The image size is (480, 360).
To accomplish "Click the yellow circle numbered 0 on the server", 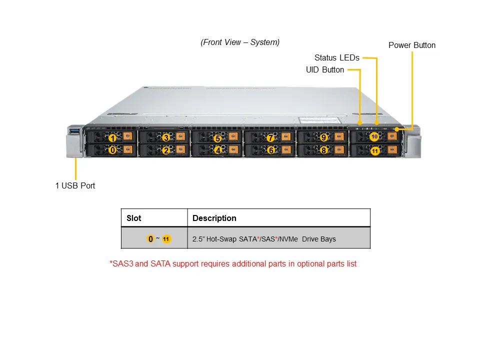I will click(113, 149).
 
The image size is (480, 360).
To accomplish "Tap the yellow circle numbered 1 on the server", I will click(113, 138).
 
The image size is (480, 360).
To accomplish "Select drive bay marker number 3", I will click(166, 137).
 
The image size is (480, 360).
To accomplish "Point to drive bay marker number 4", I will click(218, 149).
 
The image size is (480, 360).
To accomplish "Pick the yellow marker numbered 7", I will click(270, 138).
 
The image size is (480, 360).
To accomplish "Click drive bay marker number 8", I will click(323, 149).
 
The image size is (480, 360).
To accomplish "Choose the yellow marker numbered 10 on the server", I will click(374, 136).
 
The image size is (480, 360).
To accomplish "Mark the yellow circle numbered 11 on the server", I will click(375, 149).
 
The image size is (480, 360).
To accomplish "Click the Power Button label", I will click(412, 45).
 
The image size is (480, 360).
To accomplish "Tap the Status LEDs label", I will click(336, 58).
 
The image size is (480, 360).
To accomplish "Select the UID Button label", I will click(325, 70).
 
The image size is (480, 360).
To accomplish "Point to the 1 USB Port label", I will click(75, 185).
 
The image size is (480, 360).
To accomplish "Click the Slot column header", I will click(134, 218).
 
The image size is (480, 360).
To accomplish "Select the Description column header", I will click(214, 218).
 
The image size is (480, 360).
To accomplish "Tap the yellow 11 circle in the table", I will click(166, 239).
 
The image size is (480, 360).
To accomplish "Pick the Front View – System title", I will click(240, 42).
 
